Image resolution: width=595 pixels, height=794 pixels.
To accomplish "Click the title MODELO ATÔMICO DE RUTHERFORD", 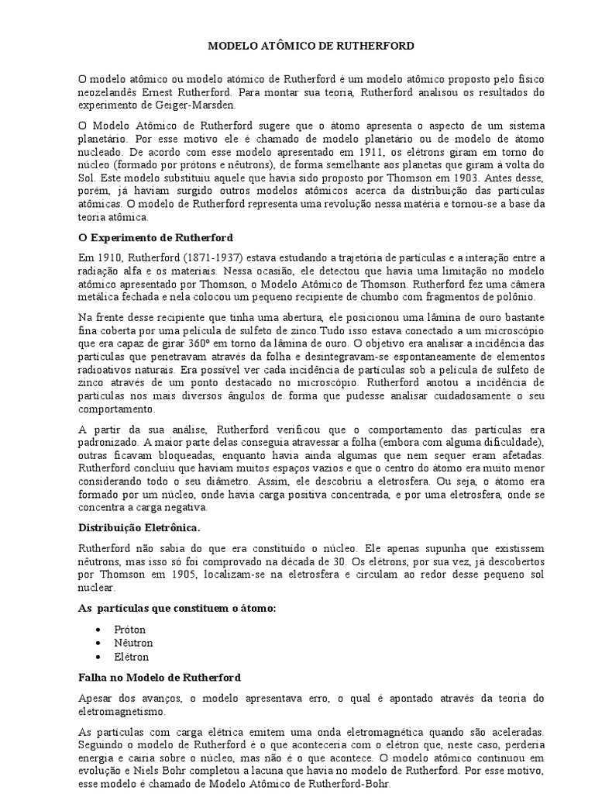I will tap(311, 47).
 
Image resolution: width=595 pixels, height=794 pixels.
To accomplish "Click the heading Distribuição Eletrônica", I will tap(139, 526).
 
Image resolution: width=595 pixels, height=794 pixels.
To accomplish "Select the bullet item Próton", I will tap(130, 629).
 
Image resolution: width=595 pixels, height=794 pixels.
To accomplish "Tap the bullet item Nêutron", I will tap(134, 643).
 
